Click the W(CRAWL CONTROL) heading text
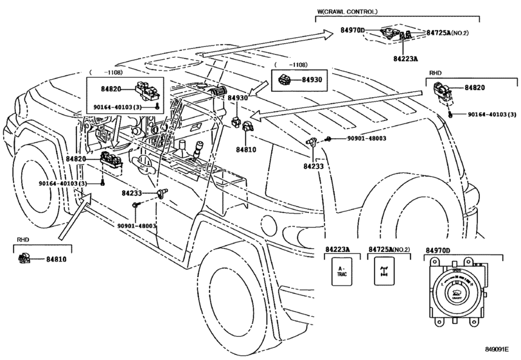tap(347, 12)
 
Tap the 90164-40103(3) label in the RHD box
tap(491, 114)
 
